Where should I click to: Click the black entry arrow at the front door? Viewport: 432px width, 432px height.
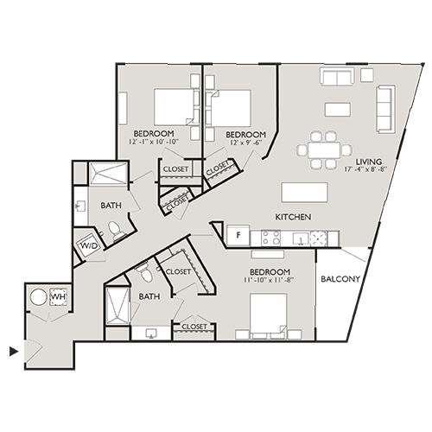click(x=12, y=351)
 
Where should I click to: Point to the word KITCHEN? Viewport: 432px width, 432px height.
click(x=293, y=216)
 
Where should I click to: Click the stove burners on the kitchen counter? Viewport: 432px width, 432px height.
click(x=263, y=236)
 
